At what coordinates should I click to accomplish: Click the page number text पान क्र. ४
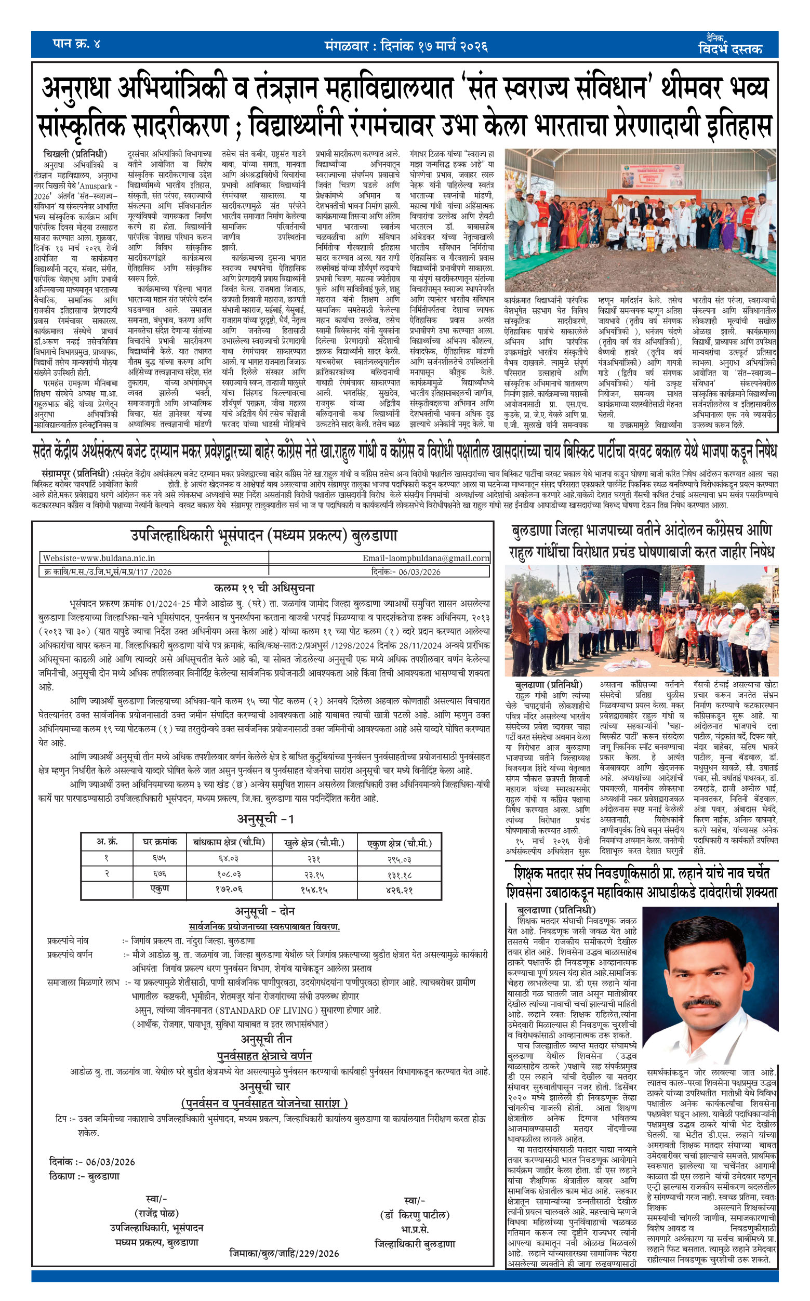tap(76, 44)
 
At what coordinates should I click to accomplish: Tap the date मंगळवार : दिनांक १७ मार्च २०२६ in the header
tap(406, 47)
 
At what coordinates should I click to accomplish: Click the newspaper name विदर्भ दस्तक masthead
tap(730, 49)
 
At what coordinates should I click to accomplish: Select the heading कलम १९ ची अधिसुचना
tap(264, 588)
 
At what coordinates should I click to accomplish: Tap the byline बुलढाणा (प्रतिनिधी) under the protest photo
tap(548, 684)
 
